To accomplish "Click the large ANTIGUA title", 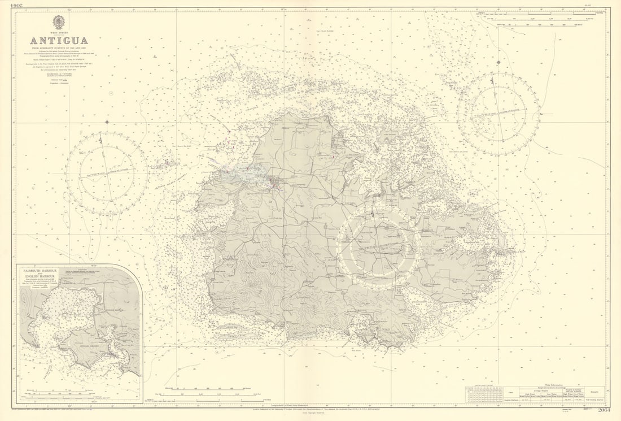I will (x=59, y=41).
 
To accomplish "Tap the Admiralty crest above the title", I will (x=59, y=23).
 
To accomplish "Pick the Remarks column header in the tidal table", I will (x=595, y=390).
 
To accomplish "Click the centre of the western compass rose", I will (x=106, y=173).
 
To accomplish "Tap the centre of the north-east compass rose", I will (x=498, y=112).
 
